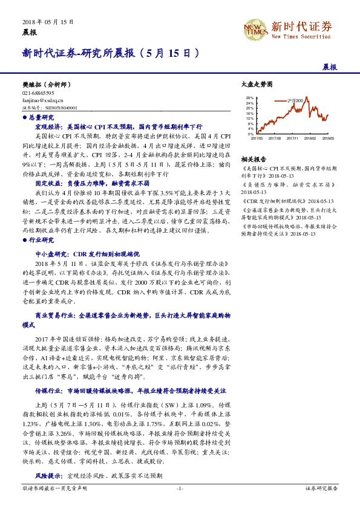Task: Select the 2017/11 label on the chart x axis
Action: point(293,138)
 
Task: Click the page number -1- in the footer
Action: point(180,488)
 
